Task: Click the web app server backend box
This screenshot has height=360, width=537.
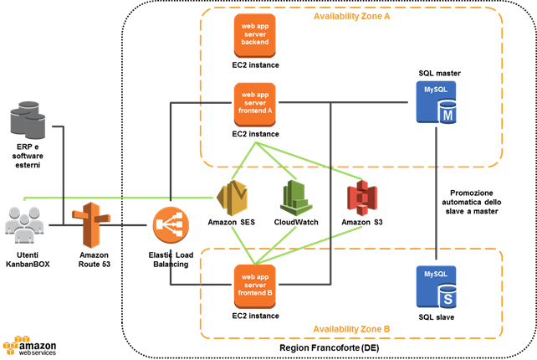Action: pyautogui.click(x=256, y=35)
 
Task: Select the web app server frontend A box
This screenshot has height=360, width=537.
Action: pyautogui.click(x=256, y=102)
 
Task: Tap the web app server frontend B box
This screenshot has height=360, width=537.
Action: pyautogui.click(x=256, y=285)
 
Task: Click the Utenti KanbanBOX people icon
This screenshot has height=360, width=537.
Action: pyautogui.click(x=25, y=225)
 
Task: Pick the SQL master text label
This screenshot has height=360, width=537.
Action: pyautogui.click(x=440, y=73)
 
